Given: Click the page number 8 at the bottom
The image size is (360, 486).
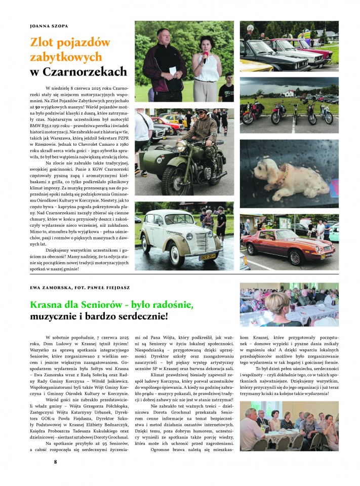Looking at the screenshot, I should click(x=56, y=462).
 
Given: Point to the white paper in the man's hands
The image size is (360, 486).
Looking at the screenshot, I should click(x=172, y=70).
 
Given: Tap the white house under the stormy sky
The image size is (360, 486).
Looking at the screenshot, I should click(x=290, y=93).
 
